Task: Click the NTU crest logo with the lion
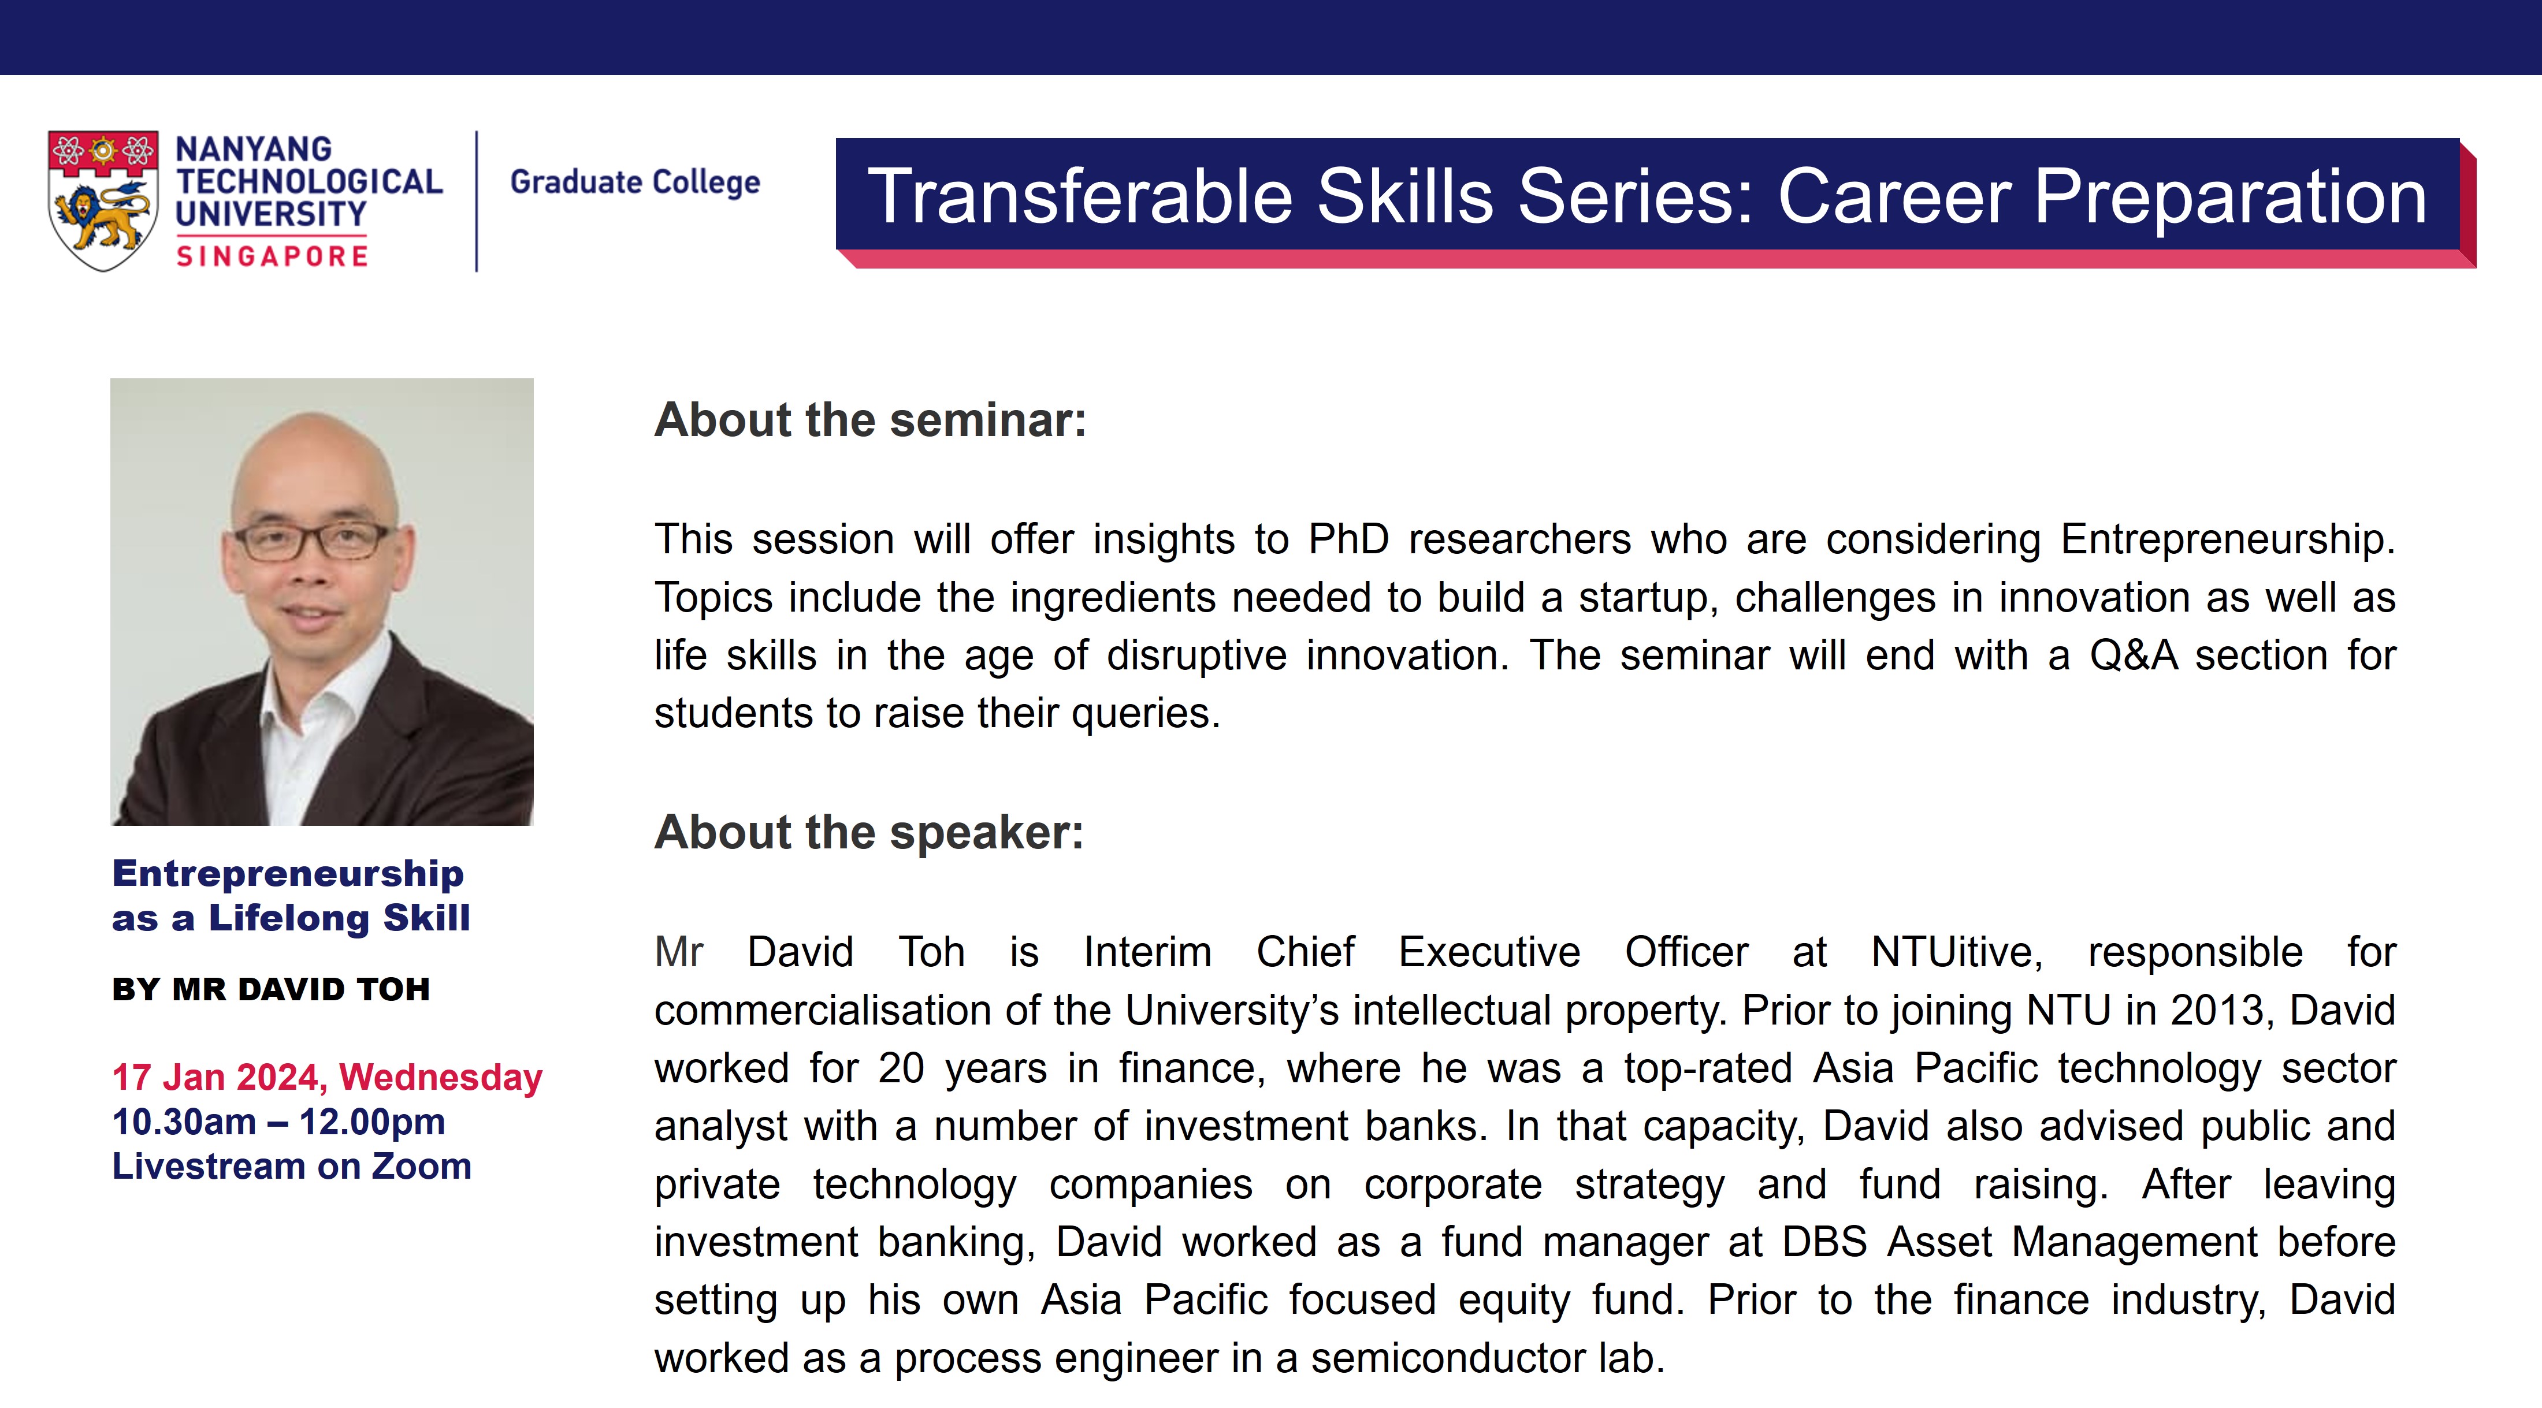103,200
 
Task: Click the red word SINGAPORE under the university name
272,256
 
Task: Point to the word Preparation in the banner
2230,198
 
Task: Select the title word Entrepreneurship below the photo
288,874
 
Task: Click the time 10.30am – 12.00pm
279,1122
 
